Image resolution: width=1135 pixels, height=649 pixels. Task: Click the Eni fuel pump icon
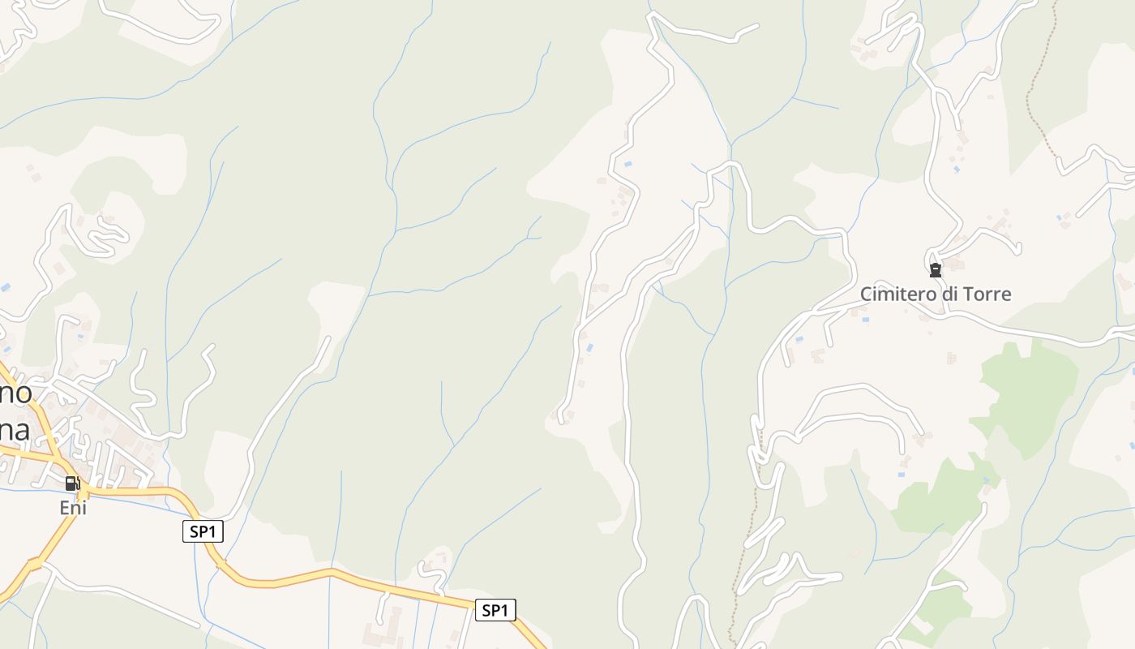tap(73, 484)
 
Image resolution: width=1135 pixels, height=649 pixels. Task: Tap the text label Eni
tap(73, 508)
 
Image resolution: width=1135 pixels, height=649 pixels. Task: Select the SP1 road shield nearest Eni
tap(203, 532)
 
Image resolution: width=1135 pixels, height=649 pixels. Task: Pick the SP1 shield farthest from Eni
tap(495, 610)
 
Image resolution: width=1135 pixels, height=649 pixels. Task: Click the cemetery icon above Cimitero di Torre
tap(936, 271)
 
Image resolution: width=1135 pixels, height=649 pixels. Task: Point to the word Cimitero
tap(898, 294)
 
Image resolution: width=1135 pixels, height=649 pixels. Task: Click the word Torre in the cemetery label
tap(987, 294)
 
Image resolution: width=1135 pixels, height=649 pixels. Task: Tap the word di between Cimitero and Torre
tap(949, 294)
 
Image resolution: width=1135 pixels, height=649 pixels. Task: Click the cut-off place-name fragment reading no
tap(16, 394)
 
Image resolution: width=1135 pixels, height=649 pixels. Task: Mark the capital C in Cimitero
tap(866, 294)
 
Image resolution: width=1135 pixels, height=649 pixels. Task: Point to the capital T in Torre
tap(969, 294)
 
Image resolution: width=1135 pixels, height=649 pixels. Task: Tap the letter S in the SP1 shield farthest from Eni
tap(486, 610)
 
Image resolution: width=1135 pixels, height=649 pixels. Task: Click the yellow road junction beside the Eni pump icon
tap(84, 492)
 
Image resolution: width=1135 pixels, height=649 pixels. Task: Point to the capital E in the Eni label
tap(64, 508)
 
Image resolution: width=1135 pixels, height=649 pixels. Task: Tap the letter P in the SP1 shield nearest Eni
tap(203, 532)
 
